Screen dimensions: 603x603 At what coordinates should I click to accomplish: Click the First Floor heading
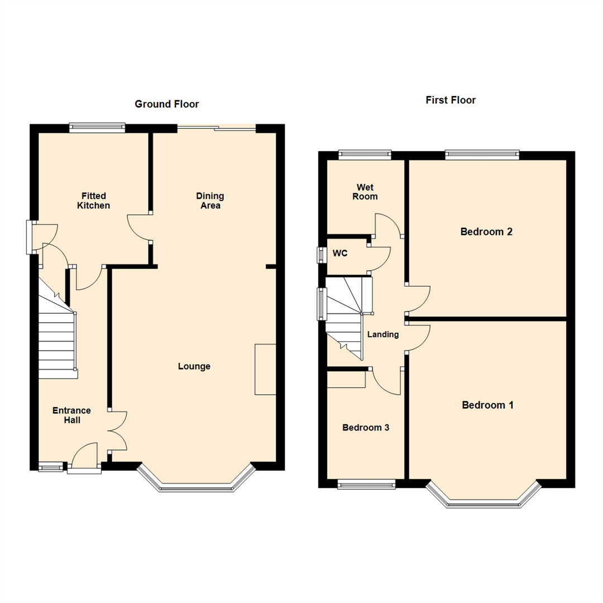click(x=451, y=100)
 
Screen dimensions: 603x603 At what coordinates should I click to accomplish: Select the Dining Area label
click(x=210, y=201)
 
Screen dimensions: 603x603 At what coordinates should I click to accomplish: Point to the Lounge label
click(x=194, y=367)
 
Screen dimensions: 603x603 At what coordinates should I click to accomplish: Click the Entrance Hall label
click(x=71, y=415)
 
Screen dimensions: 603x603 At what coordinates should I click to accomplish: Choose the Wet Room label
click(x=366, y=192)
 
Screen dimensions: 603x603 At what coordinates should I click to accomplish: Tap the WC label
click(x=340, y=253)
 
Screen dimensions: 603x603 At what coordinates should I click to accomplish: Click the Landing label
click(x=383, y=335)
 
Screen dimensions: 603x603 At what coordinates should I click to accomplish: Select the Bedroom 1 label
click(x=487, y=405)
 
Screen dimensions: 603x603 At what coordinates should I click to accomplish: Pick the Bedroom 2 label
click(x=486, y=232)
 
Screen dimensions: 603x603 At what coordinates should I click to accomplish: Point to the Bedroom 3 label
click(x=366, y=428)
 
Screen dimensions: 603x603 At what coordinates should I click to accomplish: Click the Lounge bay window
click(x=196, y=487)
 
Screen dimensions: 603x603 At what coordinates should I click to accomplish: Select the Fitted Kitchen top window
click(x=97, y=128)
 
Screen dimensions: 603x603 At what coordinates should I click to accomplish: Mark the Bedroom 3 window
click(x=367, y=484)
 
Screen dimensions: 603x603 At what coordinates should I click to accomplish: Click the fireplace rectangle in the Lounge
click(x=265, y=370)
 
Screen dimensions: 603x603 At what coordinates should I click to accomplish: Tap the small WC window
click(x=321, y=255)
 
